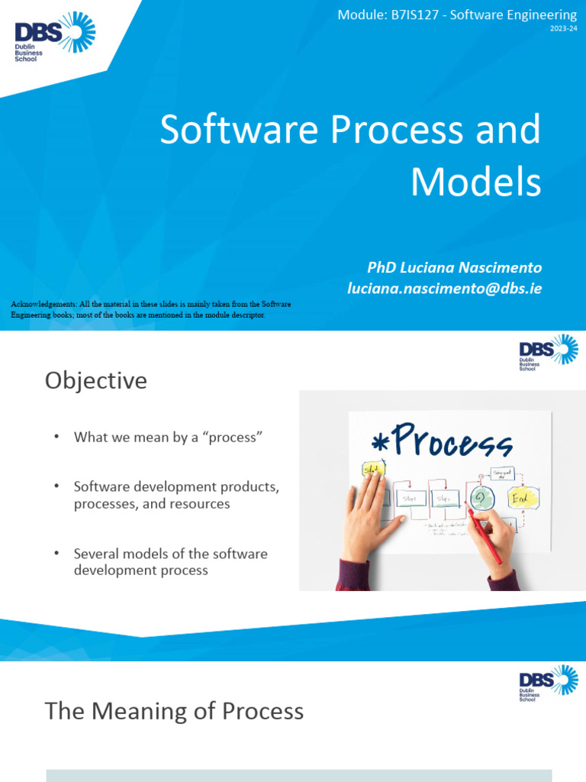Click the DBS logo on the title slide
click(55, 34)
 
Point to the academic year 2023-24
click(563, 29)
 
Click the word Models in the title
click(476, 183)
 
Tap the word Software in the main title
click(238, 131)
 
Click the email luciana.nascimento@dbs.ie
click(444, 289)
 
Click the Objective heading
click(95, 380)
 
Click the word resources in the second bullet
click(196, 504)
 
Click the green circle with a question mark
click(481, 498)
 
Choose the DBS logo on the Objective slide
click(548, 352)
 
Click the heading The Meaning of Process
click(174, 711)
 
